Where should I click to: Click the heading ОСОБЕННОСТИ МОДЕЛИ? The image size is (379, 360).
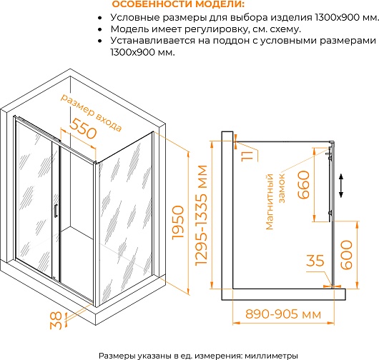pyautogui.click(x=179, y=4)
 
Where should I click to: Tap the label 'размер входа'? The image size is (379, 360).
pyautogui.click(x=91, y=113)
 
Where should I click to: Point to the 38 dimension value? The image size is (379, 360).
pyautogui.click(x=56, y=321)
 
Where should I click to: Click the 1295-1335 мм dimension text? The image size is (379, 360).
pyautogui.click(x=201, y=216)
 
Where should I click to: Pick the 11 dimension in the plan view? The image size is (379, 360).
pyautogui.click(x=247, y=155)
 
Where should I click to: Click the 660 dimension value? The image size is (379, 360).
pyautogui.click(x=303, y=185)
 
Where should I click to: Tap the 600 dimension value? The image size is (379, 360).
pyautogui.click(x=346, y=255)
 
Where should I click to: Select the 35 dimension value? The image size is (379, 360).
pyautogui.click(x=315, y=260)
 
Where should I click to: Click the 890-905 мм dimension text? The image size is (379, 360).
pyautogui.click(x=283, y=314)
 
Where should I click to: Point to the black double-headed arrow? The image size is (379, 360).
pyautogui.click(x=341, y=186)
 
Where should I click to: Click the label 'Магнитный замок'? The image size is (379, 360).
pyautogui.click(x=275, y=201)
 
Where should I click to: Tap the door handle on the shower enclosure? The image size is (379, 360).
pyautogui.click(x=56, y=211)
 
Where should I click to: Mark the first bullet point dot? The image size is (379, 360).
pyautogui.click(x=100, y=18)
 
